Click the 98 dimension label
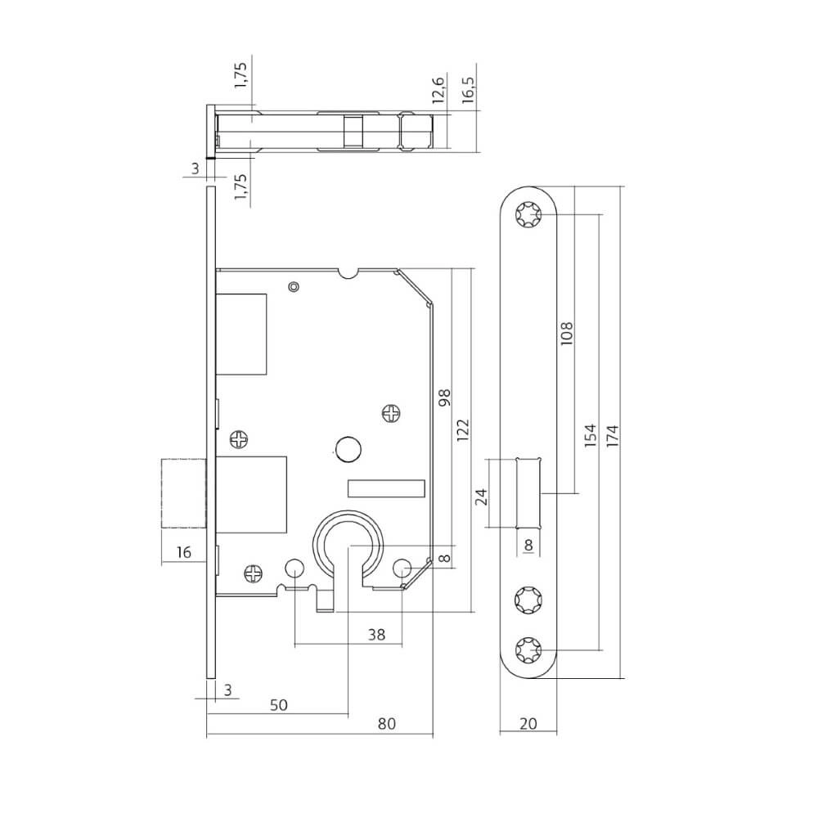[x=445, y=398]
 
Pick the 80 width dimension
[x=387, y=723]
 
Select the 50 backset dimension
[x=280, y=703]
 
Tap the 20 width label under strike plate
[x=527, y=723]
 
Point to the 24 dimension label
[x=482, y=497]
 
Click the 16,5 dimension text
[x=469, y=85]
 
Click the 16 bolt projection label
[x=183, y=553]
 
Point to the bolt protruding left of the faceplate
[x=183, y=494]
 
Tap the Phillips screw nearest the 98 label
[x=393, y=414]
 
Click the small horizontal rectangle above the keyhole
[x=386, y=488]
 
